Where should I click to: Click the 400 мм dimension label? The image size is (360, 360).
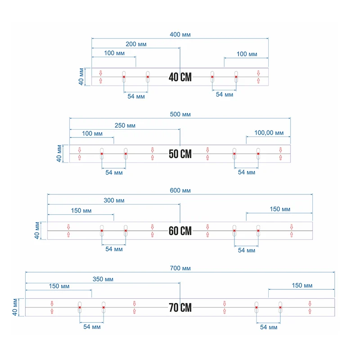coord(180,35)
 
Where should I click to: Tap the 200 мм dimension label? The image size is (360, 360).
coord(136,44)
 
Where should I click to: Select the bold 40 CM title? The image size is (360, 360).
coord(180,77)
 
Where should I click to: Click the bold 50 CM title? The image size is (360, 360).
coord(180,154)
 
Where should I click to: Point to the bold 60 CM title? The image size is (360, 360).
coord(180,231)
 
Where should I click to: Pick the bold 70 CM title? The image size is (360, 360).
coord(180,308)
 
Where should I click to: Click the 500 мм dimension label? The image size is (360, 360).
coord(180,114)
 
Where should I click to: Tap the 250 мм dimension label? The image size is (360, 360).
coord(125,126)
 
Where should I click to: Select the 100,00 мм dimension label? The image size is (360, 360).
coord(269,133)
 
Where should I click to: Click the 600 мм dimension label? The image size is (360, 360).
coord(180,190)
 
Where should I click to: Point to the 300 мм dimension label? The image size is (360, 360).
coord(114,200)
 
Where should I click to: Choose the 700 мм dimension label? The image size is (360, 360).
coord(180,268)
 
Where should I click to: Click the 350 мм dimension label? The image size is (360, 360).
coord(103,279)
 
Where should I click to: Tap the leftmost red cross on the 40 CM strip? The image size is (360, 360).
coord(124,77)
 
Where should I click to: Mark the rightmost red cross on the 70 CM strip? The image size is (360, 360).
coord(280,307)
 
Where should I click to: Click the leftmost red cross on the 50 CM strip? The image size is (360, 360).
coord(102,154)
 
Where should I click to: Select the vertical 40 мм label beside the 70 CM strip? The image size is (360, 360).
coord(15,307)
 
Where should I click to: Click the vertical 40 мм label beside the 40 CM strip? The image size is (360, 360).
coord(81,76)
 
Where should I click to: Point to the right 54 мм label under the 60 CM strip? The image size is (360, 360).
coord(246,250)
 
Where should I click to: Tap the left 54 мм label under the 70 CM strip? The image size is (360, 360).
coord(92,327)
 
